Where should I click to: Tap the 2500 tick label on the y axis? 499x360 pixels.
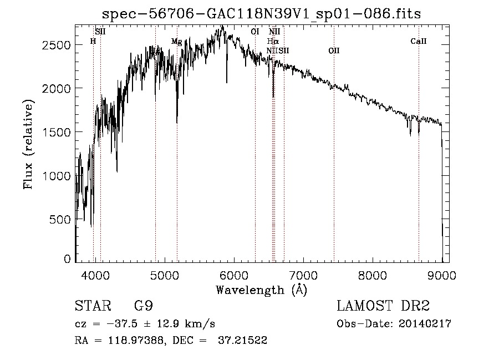click(57, 45)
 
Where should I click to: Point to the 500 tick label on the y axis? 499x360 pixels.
click(60, 220)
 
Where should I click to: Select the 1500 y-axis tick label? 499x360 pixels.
click(57, 132)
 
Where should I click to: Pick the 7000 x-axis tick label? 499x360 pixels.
click(303, 275)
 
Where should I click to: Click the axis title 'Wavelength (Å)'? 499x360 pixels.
click(261, 290)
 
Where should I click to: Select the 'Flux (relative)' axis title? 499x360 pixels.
click(29, 144)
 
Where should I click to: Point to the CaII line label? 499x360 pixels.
click(419, 41)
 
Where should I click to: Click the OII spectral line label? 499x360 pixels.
click(334, 51)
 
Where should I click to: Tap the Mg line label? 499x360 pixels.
click(176, 42)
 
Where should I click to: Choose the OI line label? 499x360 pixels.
click(255, 32)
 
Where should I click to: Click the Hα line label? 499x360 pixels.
click(272, 41)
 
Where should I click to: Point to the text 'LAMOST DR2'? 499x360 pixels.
click(383, 306)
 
